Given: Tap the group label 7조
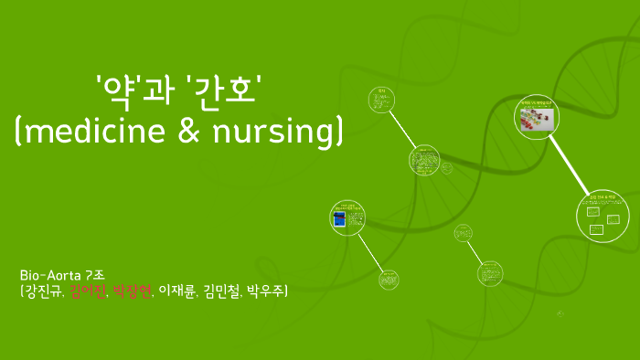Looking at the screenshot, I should [x=94, y=274].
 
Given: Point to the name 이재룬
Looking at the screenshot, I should [x=177, y=291].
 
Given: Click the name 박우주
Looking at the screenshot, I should [x=265, y=291].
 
